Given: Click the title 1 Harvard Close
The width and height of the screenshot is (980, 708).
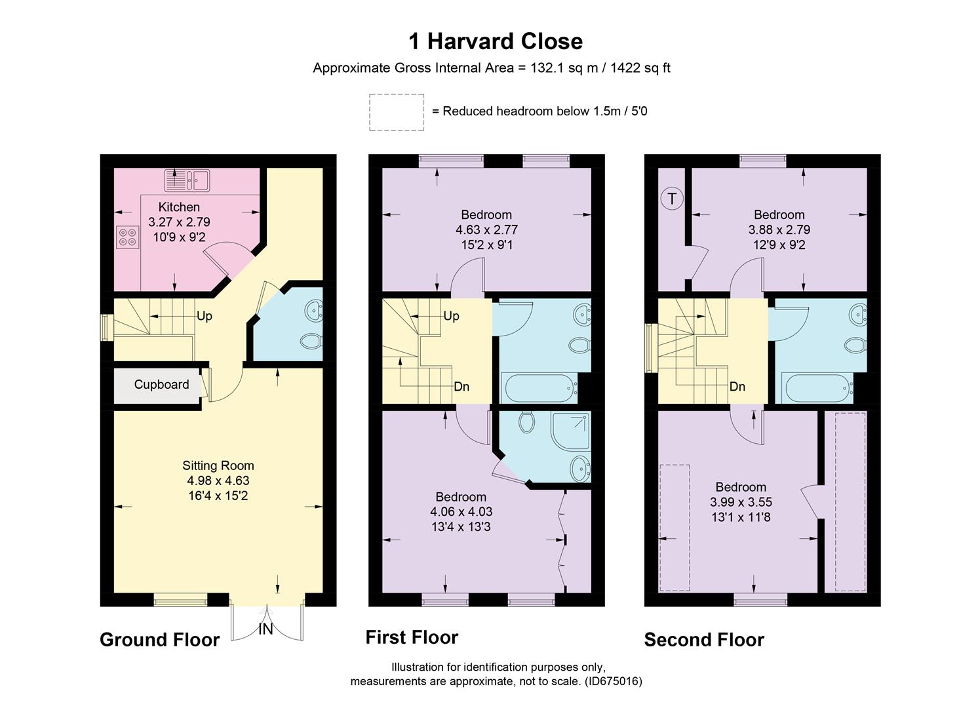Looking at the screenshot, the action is (496, 41).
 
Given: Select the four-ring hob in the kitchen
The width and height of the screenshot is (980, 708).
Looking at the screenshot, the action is (128, 237).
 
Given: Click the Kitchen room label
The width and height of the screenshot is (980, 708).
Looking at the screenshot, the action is (179, 207).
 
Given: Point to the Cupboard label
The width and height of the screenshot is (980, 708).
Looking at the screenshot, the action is (161, 385).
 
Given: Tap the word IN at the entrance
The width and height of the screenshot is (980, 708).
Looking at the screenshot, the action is (265, 629).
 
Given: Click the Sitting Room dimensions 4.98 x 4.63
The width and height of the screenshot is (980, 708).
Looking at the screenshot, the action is (218, 481).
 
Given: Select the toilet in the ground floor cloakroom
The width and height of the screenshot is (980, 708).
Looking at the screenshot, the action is (310, 341).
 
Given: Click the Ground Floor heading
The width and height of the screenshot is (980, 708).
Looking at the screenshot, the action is (159, 640).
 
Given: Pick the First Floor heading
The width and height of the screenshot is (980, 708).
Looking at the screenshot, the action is (412, 637).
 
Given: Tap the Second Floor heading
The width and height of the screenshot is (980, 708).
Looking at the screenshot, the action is (704, 640).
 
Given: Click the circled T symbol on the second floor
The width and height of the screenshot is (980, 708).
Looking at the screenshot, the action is (672, 198).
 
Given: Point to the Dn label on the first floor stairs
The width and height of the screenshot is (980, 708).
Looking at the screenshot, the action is (461, 387).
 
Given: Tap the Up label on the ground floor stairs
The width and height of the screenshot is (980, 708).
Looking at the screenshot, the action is (205, 316).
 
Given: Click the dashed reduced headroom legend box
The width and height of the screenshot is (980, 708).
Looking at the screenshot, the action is (397, 112).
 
